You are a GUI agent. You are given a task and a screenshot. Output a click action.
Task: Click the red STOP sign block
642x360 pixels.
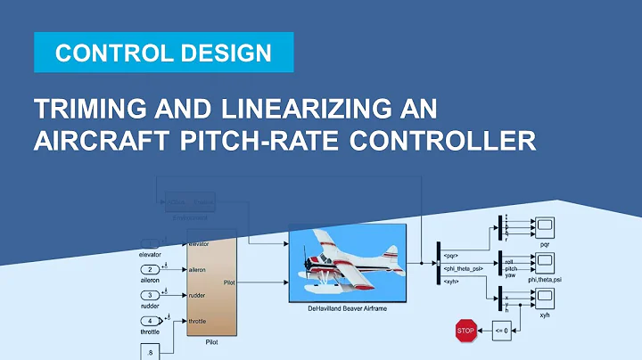(x=465, y=331)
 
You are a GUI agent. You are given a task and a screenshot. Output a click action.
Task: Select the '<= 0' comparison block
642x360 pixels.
(x=502, y=331)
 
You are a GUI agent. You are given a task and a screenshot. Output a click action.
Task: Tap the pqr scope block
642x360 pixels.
(x=545, y=227)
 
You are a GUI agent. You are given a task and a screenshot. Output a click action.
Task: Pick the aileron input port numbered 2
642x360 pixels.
(x=152, y=269)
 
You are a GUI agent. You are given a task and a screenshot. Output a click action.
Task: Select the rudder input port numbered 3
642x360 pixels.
(x=152, y=294)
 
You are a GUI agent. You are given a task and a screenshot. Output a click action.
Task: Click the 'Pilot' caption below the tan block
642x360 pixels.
(x=211, y=340)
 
